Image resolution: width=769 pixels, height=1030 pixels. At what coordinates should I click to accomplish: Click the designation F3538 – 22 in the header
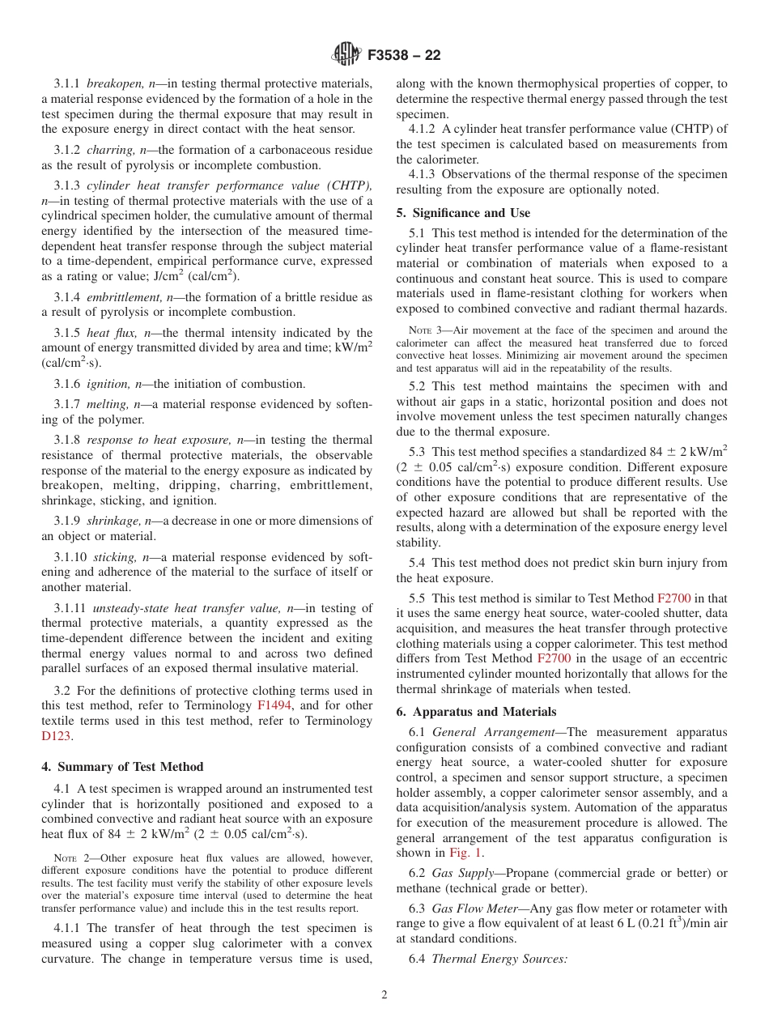pyautogui.click(x=404, y=56)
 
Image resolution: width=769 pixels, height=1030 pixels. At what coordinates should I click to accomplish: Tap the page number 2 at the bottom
pyautogui.click(x=384, y=994)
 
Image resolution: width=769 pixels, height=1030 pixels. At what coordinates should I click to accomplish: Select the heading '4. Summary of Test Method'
pyautogui.click(x=122, y=766)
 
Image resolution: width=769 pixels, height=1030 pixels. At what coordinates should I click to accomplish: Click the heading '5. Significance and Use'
pyautogui.click(x=463, y=213)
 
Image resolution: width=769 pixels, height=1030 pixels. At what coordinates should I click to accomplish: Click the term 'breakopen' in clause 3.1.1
pyautogui.click(x=113, y=83)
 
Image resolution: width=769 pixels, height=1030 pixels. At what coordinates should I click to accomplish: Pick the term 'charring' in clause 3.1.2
pyautogui.click(x=109, y=150)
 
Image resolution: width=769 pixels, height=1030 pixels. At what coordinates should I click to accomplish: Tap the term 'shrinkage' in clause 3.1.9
pyautogui.click(x=110, y=521)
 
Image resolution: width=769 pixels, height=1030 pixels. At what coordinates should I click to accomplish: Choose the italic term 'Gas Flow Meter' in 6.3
pyautogui.click(x=471, y=909)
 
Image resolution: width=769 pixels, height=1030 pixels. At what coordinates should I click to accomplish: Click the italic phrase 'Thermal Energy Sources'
pyautogui.click(x=499, y=959)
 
